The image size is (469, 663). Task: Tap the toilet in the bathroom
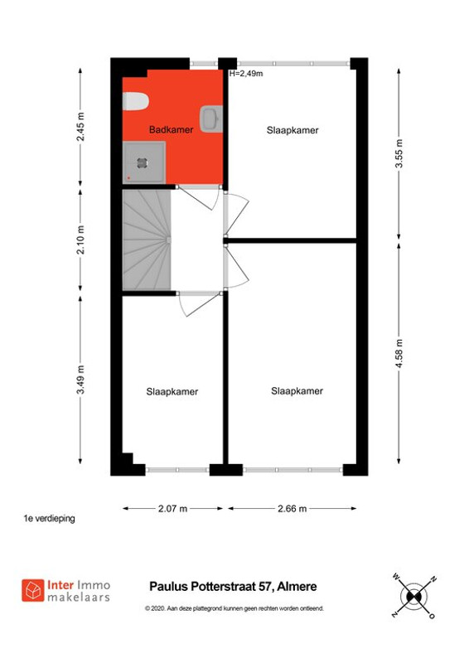[x=134, y=101]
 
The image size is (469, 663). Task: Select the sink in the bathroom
[x=210, y=119]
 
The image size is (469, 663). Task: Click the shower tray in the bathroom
[x=144, y=162]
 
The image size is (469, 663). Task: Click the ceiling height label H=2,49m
[x=246, y=74]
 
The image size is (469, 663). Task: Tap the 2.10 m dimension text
[x=80, y=240]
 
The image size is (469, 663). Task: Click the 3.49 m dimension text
[x=80, y=380]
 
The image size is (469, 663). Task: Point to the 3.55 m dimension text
[x=399, y=152]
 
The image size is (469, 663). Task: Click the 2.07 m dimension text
[x=172, y=508]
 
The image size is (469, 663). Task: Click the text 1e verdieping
[x=50, y=519]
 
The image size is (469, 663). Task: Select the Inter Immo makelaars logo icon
[x=33, y=590]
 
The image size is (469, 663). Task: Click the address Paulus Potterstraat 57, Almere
[x=232, y=587]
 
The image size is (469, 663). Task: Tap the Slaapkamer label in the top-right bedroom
[x=293, y=130]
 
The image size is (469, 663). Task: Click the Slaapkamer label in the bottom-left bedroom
[x=172, y=391]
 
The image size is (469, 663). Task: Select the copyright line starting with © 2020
[x=234, y=608]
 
